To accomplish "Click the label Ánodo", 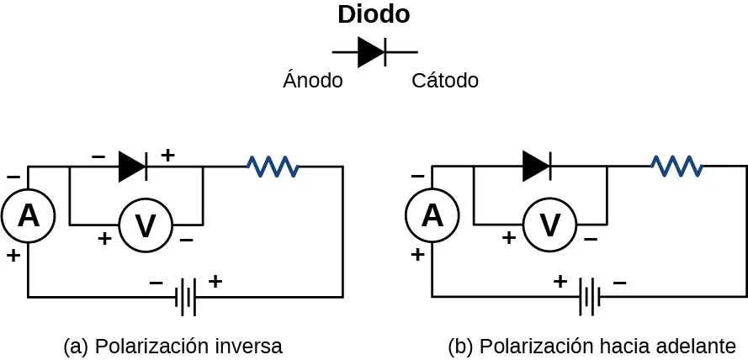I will pyautogui.click(x=312, y=81).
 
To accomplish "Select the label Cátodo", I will pyautogui.click(x=445, y=81).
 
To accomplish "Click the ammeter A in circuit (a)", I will pyautogui.click(x=28, y=216).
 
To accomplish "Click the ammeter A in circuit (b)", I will pyautogui.click(x=432, y=216).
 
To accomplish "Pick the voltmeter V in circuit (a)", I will pyautogui.click(x=146, y=225).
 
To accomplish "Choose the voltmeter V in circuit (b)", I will pyautogui.click(x=549, y=225).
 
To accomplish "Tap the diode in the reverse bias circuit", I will pyautogui.click(x=133, y=167).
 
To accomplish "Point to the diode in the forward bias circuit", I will pyautogui.click(x=537, y=167).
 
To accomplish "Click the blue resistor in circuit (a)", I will pyautogui.click(x=273, y=167).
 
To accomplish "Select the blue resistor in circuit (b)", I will pyautogui.click(x=676, y=167).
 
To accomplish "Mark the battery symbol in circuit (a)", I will pyautogui.click(x=186, y=297).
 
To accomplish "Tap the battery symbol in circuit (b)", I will pyautogui.click(x=590, y=297).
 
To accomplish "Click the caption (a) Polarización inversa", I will pyautogui.click(x=172, y=347).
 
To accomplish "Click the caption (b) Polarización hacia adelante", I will pyautogui.click(x=592, y=347).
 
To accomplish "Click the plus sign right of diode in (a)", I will pyautogui.click(x=167, y=155).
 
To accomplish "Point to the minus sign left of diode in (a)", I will pyautogui.click(x=98, y=156).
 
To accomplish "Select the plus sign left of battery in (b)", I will pyautogui.click(x=560, y=282).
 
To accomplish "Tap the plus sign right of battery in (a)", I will pyautogui.click(x=215, y=282).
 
